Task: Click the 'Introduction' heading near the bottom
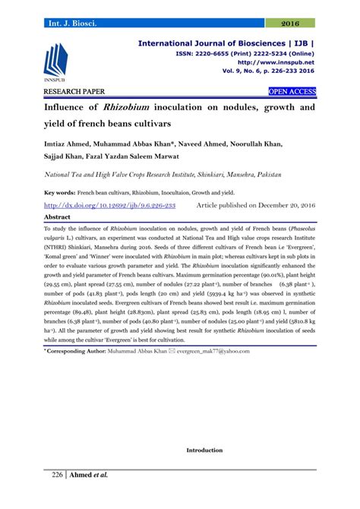pyautogui.click(x=205, y=451)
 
